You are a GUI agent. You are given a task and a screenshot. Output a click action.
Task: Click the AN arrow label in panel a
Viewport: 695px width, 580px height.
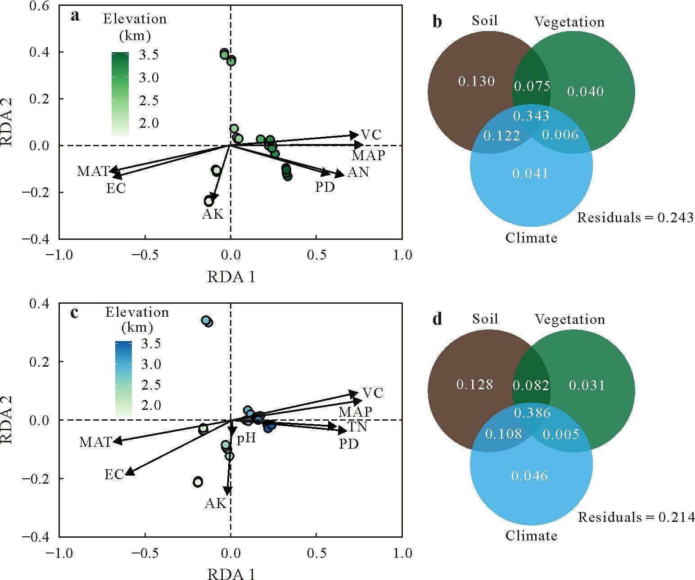pos(358,172)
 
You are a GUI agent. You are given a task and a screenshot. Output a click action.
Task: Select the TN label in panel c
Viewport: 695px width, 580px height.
pos(357,427)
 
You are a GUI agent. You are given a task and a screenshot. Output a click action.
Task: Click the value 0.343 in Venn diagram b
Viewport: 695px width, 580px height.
pos(531,116)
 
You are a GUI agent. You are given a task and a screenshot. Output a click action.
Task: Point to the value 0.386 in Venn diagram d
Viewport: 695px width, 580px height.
pos(532,413)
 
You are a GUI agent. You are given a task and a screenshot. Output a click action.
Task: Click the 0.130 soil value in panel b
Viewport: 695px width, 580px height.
pos(476,81)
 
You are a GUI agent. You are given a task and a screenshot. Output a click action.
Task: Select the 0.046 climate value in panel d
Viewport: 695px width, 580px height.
pos(529,476)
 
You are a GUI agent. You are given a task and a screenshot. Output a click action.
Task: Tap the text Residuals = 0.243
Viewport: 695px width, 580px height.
pos(636,218)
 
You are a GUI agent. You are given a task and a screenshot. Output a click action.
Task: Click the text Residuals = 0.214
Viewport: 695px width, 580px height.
pos(636,517)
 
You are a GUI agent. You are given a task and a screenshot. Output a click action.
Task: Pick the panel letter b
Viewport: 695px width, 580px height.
pos(438,22)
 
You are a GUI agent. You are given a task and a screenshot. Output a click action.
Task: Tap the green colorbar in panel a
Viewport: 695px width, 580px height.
pos(120,94)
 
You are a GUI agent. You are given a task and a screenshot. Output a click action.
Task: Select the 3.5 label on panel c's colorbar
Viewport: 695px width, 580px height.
pos(151,343)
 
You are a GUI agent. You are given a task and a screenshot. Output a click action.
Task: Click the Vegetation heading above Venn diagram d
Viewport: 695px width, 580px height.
pos(570,319)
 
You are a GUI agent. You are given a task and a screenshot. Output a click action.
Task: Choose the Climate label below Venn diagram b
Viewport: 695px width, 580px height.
pos(531,238)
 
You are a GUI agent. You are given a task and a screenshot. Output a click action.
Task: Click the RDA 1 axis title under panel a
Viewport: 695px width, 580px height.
pos(231,277)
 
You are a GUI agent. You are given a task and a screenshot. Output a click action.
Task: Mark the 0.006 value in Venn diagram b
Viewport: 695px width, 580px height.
pos(560,135)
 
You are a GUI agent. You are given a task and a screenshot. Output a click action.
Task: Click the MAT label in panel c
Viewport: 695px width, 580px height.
pos(95,442)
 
